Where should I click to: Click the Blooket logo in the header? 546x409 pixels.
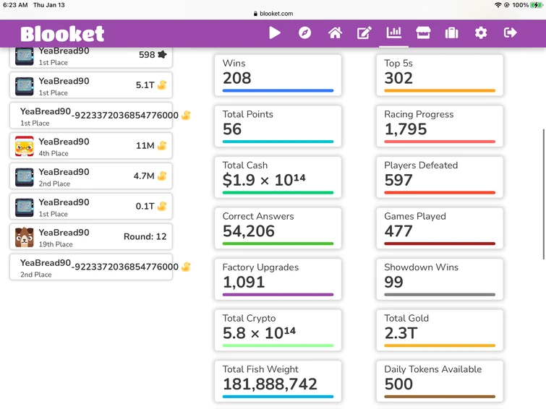(x=62, y=33)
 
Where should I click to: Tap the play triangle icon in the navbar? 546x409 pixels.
(x=275, y=33)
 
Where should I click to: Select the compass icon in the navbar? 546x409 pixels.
(x=304, y=33)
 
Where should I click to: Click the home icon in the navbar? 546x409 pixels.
(x=335, y=33)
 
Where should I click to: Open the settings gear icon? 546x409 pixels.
(x=481, y=33)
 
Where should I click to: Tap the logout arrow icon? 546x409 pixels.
(x=510, y=33)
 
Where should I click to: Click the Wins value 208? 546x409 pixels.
(x=237, y=78)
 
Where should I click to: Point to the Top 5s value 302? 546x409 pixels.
(x=398, y=78)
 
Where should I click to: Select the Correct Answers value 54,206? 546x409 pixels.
(x=249, y=231)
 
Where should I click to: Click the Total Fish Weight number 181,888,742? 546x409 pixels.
(x=270, y=384)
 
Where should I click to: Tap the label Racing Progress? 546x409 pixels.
(x=419, y=114)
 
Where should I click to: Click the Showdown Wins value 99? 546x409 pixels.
(x=394, y=282)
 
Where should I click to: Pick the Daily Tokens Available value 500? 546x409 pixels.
(x=398, y=384)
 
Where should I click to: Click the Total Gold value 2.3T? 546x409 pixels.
(x=401, y=333)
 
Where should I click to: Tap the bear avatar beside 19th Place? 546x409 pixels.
(x=25, y=237)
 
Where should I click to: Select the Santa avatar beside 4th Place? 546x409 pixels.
(x=25, y=146)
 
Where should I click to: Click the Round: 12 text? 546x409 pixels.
(x=145, y=236)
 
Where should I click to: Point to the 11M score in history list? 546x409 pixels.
(x=145, y=145)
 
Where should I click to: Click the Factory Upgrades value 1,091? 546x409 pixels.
(x=244, y=282)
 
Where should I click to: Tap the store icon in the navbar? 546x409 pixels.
(x=423, y=33)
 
